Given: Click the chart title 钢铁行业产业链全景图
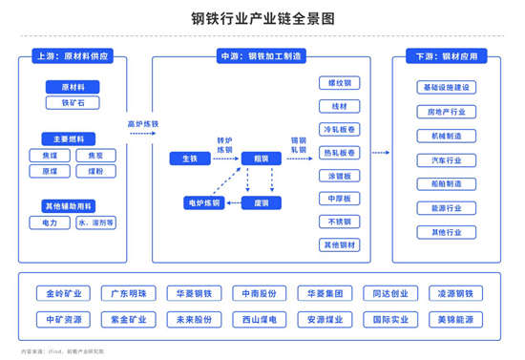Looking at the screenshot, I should (x=262, y=18).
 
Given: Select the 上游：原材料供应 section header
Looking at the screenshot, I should (x=72, y=56).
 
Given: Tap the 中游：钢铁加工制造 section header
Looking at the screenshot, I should (x=261, y=56).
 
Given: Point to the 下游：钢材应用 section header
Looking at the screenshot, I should (x=446, y=56).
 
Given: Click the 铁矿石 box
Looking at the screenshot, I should (x=73, y=102).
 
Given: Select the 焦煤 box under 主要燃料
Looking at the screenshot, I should (x=49, y=155).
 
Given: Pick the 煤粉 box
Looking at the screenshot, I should (x=95, y=171).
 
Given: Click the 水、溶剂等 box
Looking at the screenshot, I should (x=95, y=222).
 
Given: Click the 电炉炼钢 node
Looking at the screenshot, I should (x=203, y=202).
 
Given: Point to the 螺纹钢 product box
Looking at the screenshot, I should (x=339, y=83).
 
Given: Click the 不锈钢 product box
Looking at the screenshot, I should (x=339, y=222).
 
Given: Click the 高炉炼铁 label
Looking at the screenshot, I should (x=143, y=123).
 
